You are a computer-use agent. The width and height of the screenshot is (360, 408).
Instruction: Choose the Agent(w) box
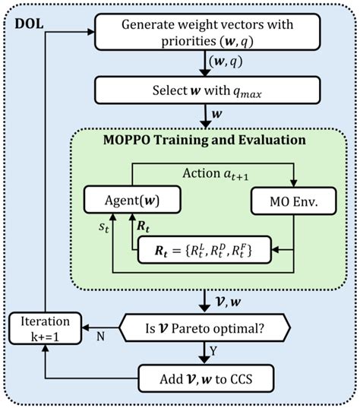(x=133, y=202)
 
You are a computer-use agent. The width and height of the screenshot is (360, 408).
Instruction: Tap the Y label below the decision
(x=216, y=351)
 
